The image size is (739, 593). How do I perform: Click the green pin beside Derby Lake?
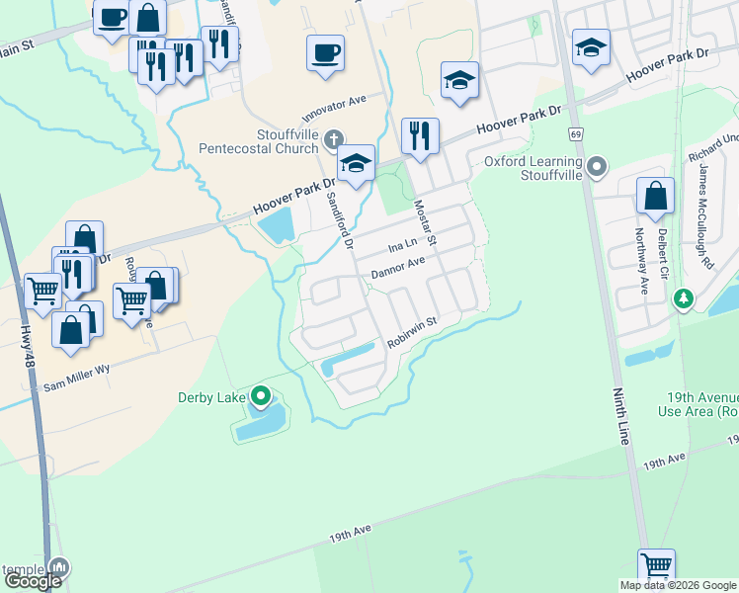pos(261,397)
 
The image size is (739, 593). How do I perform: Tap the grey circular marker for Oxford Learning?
pos(596,167)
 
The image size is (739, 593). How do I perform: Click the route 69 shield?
pos(574,133)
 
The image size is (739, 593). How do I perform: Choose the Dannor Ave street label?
pos(397,266)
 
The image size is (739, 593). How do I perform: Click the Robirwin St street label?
pos(412,331)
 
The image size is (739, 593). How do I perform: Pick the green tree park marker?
pos(682,297)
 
